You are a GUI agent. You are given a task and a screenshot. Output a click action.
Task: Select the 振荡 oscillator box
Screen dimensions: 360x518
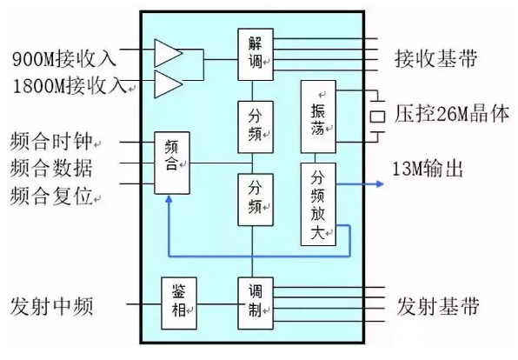tap(318, 112)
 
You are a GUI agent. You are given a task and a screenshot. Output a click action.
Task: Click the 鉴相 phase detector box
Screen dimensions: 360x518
tap(180, 303)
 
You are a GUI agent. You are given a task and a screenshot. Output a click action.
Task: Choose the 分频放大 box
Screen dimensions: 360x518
tap(318, 203)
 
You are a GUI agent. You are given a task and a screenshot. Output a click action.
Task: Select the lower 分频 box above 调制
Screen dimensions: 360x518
tap(255, 199)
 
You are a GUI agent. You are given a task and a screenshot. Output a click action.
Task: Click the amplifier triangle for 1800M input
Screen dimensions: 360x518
tap(168, 84)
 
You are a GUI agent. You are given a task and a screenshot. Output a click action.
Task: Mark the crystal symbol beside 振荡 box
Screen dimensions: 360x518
tap(377, 114)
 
